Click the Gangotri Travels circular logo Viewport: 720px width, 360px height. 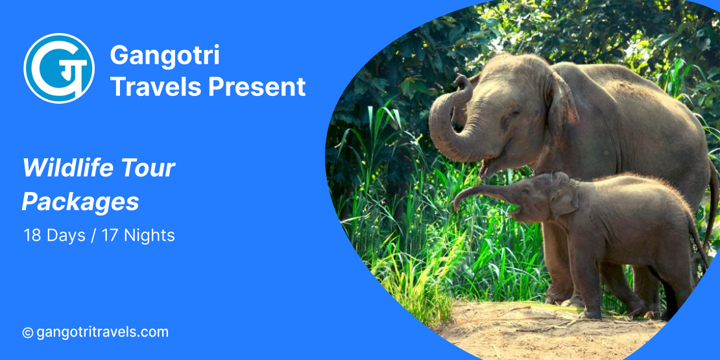(x=59, y=68)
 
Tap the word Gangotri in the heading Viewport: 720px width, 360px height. (x=165, y=55)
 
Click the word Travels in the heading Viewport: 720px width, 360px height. (x=156, y=86)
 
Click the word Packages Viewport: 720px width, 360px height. (x=80, y=202)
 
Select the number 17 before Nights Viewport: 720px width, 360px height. (x=110, y=235)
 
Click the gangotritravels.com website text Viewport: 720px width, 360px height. (x=102, y=332)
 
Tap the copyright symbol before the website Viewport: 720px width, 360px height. (x=28, y=333)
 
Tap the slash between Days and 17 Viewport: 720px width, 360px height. (x=93, y=235)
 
